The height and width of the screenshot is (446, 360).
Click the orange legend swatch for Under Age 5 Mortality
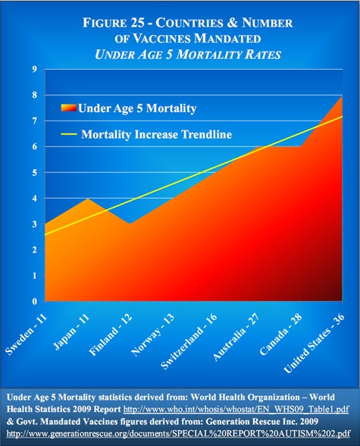tap(65, 108)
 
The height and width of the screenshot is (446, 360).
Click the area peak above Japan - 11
tap(88, 199)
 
